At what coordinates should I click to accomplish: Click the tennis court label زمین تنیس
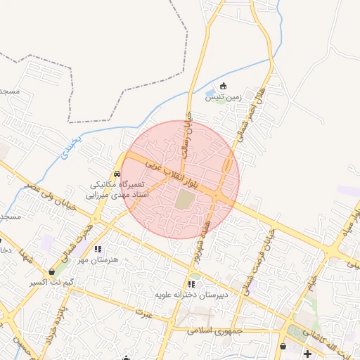223,98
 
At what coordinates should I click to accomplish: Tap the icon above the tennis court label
224,86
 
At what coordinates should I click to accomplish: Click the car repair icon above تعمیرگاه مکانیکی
117,174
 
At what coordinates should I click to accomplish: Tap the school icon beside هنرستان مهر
98,249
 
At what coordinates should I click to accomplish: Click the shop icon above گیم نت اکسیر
52,272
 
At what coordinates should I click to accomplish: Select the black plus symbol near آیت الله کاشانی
307,353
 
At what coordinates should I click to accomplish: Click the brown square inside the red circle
184,199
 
